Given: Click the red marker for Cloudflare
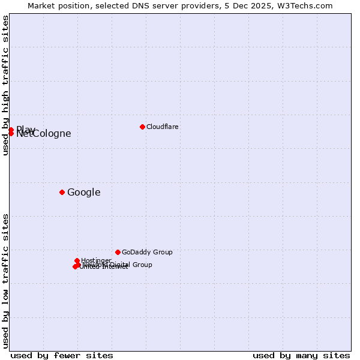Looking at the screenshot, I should click(142, 127).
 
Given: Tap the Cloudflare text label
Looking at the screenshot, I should click(163, 127).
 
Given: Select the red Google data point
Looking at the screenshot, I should click(62, 192).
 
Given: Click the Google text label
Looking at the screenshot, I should click(84, 193).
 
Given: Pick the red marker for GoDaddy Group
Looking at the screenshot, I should click(118, 252).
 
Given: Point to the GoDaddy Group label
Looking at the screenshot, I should click(147, 252).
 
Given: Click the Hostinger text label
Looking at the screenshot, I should click(96, 260).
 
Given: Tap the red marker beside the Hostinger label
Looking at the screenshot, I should click(77, 260).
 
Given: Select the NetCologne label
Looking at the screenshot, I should click(44, 134).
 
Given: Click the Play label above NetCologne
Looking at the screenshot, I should click(25, 130).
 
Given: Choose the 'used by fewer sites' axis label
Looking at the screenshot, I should click(62, 355).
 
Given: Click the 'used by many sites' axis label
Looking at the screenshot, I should click(301, 355).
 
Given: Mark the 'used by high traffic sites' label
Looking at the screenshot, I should click(5, 85).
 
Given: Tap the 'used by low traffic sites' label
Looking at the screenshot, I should click(5, 280).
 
